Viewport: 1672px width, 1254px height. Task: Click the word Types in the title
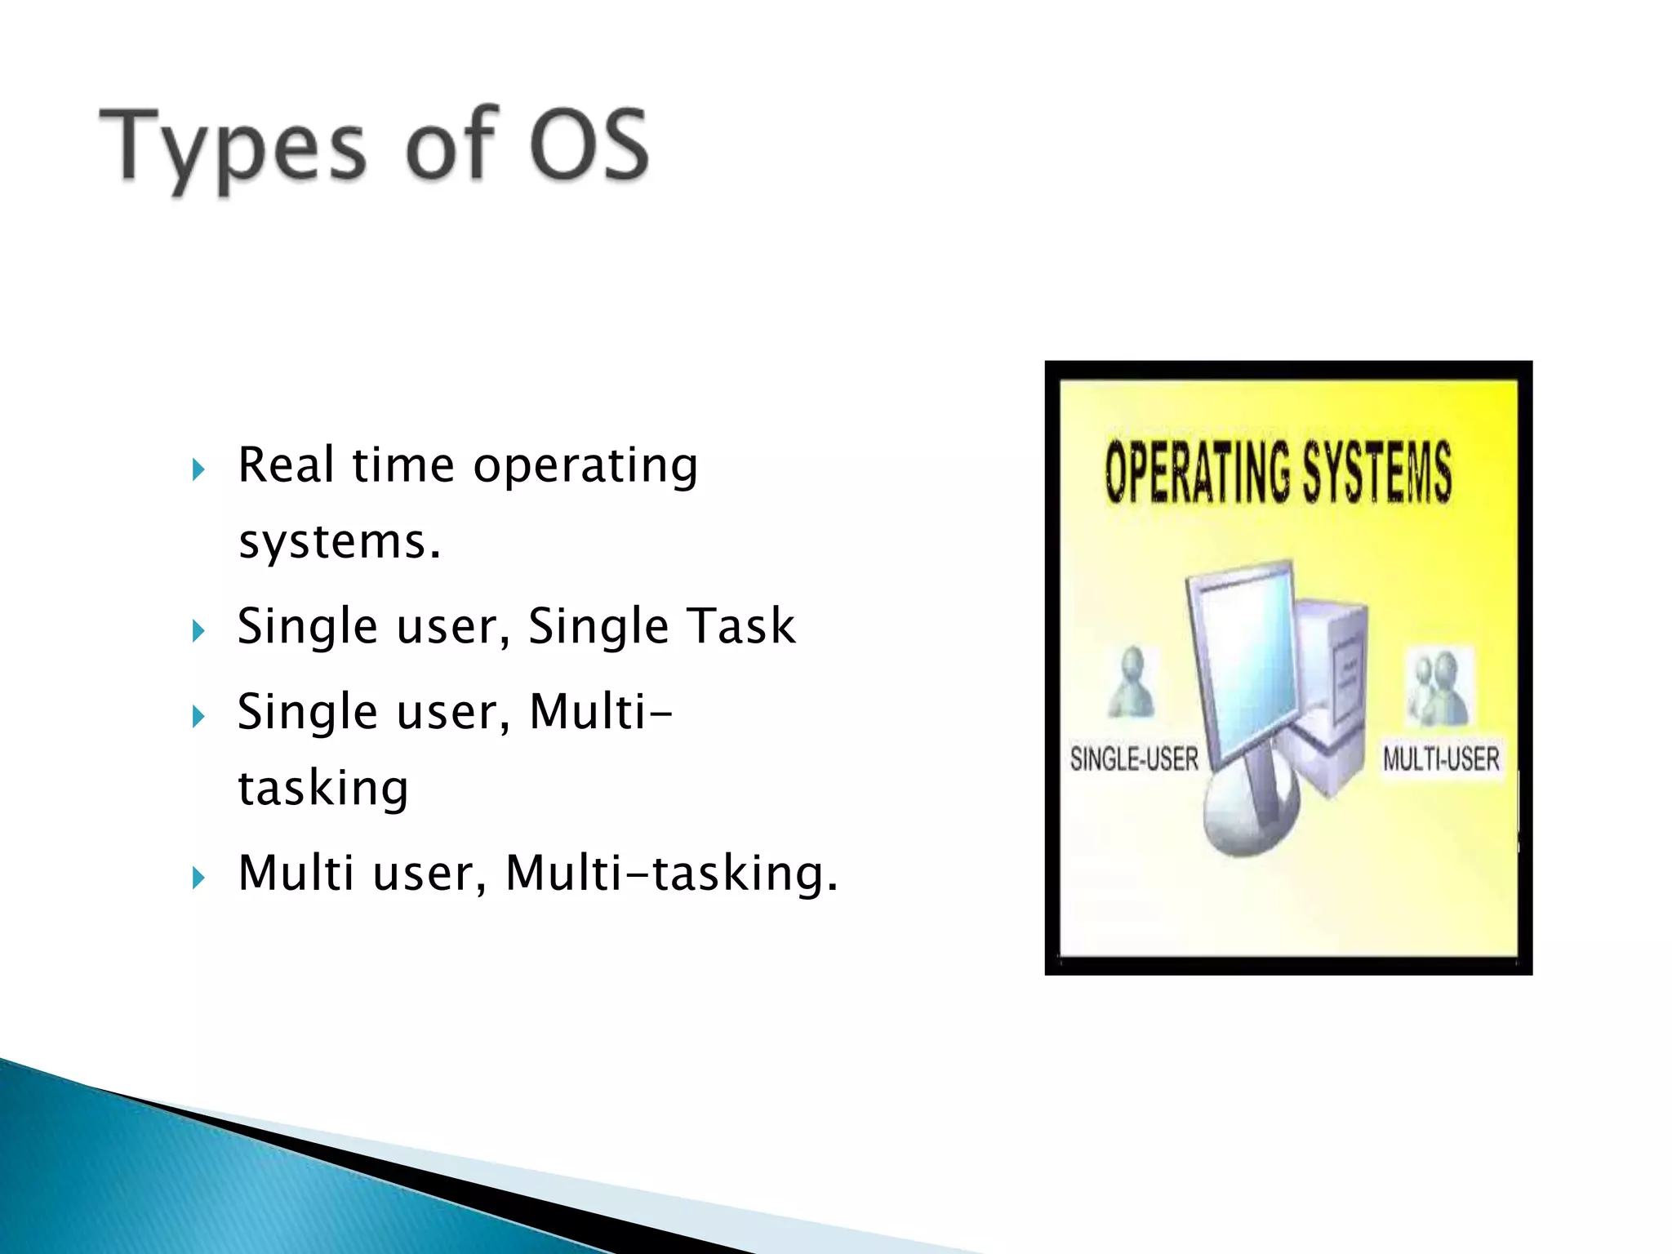click(233, 147)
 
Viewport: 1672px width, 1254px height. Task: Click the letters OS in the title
click(589, 145)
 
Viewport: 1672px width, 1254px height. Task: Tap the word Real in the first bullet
click(286, 465)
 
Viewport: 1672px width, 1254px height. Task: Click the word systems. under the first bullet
click(340, 542)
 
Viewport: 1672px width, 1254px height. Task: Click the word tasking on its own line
click(323, 788)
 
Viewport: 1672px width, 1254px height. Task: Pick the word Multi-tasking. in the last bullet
click(671, 873)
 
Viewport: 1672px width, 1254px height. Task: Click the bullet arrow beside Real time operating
click(198, 469)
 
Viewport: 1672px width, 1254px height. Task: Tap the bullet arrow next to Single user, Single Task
click(198, 630)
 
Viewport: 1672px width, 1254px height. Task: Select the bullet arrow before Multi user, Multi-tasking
click(198, 878)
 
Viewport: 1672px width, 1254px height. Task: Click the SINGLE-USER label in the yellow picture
click(1134, 759)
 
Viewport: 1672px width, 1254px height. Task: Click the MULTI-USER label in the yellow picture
click(1441, 759)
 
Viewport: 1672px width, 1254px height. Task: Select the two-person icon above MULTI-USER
click(1438, 686)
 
